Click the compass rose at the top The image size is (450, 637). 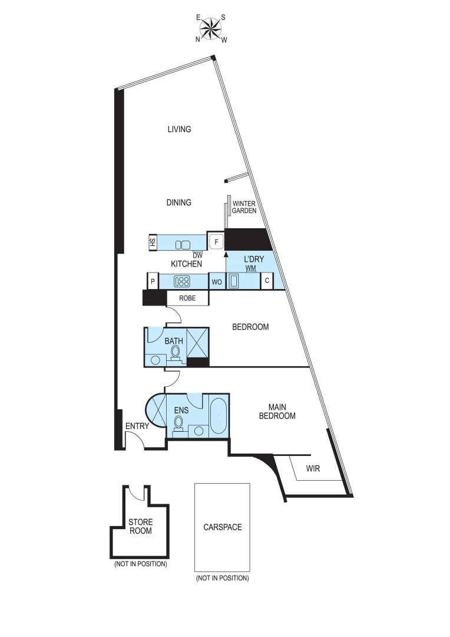click(x=211, y=27)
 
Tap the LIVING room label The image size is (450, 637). click(x=179, y=129)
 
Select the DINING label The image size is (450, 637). click(x=178, y=202)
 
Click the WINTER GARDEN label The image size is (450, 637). click(x=244, y=207)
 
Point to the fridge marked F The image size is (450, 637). click(x=216, y=242)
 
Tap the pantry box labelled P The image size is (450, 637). click(x=153, y=281)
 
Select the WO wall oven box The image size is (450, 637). click(x=217, y=282)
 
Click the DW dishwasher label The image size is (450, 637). click(x=197, y=255)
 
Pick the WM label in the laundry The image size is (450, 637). click(x=252, y=268)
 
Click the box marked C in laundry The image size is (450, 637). click(x=267, y=281)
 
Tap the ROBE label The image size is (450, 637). click(x=187, y=298)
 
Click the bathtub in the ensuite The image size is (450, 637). click(x=218, y=417)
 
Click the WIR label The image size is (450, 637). click(x=313, y=469)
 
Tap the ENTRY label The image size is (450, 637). click(x=137, y=427)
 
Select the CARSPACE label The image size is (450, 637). click(x=222, y=527)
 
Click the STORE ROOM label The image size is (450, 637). click(x=140, y=526)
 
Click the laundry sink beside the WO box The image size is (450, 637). click(x=233, y=281)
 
